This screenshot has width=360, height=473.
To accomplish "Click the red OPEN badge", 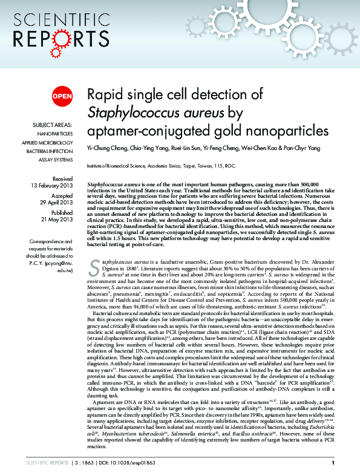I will [62, 96].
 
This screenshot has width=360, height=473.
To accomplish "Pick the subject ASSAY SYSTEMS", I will [54, 160].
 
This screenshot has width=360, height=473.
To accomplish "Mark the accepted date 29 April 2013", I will [56, 204].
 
